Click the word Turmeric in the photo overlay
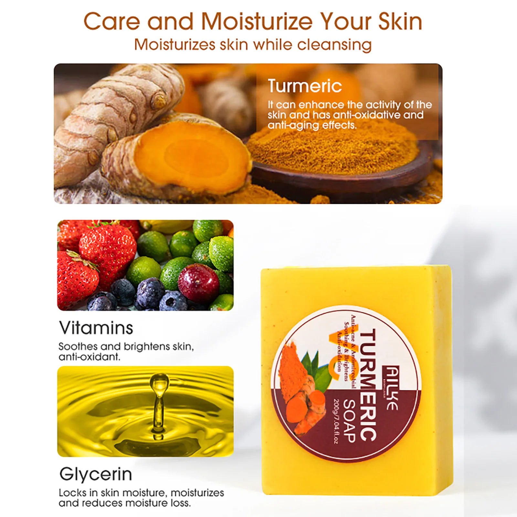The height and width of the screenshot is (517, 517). coord(305,86)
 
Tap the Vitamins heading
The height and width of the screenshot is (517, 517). coord(96,328)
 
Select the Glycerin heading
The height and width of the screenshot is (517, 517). coord(96,474)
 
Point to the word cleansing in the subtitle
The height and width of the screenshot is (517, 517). coord(334,45)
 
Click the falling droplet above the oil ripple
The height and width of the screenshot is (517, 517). coord(159,381)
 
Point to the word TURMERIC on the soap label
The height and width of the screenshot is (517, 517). coord(368,385)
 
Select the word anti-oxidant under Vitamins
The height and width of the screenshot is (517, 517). coord(89,357)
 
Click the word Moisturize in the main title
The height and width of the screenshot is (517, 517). coord(257,22)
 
